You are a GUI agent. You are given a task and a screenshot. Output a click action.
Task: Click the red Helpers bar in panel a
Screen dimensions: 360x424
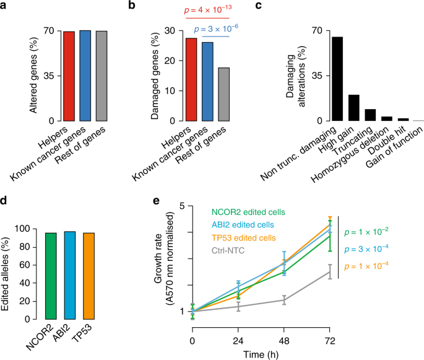(x=69, y=76)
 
